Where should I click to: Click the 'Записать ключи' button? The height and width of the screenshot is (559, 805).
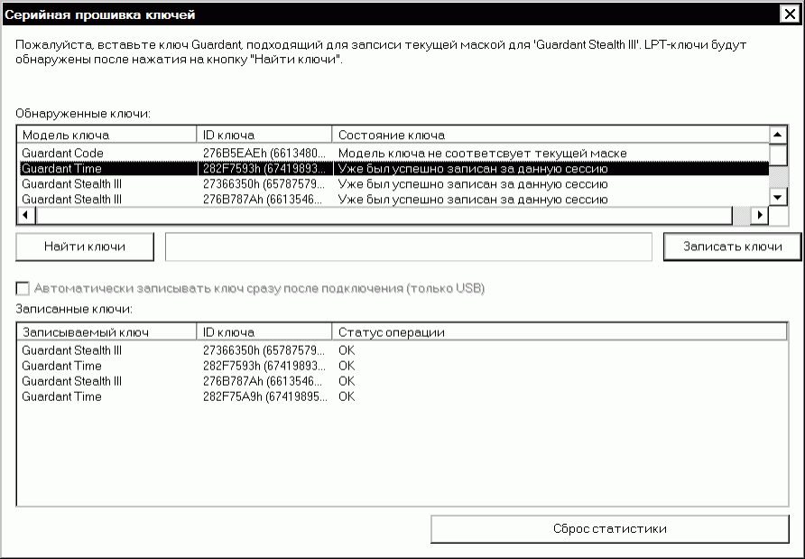tap(732, 247)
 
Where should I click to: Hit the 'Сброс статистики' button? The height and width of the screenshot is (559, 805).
tap(610, 528)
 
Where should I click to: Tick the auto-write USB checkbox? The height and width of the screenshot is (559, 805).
tap(22, 289)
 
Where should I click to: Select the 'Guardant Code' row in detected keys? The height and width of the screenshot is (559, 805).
tap(62, 154)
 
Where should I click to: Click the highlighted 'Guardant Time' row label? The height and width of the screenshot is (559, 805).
tap(61, 169)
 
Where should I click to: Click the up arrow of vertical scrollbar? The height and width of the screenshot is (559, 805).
tap(777, 135)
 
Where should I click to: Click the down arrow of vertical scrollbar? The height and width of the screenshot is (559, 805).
tap(777, 197)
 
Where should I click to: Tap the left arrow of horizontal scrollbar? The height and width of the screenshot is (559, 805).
tap(24, 215)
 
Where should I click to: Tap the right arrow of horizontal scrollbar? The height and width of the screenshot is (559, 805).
tap(760, 215)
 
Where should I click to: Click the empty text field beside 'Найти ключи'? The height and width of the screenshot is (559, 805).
tap(408, 247)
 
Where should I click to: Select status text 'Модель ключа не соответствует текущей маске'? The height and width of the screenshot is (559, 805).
tap(482, 154)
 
